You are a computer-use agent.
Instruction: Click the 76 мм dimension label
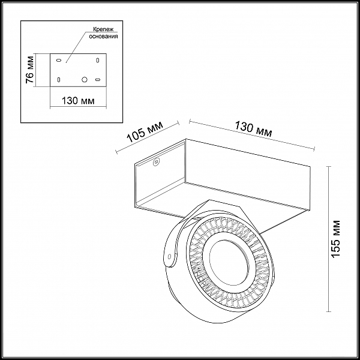pos(30,70)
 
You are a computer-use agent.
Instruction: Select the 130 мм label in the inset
pos(78,101)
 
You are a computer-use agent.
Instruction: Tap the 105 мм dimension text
pos(145,131)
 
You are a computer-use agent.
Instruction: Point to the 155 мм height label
pos(335,239)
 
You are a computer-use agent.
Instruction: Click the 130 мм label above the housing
pos(253,129)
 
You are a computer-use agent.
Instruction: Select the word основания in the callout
pos(103,36)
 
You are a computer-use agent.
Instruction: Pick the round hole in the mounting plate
pos(85,80)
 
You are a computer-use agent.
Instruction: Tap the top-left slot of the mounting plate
pos(59,61)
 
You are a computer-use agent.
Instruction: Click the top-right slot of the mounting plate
pos(98,61)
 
